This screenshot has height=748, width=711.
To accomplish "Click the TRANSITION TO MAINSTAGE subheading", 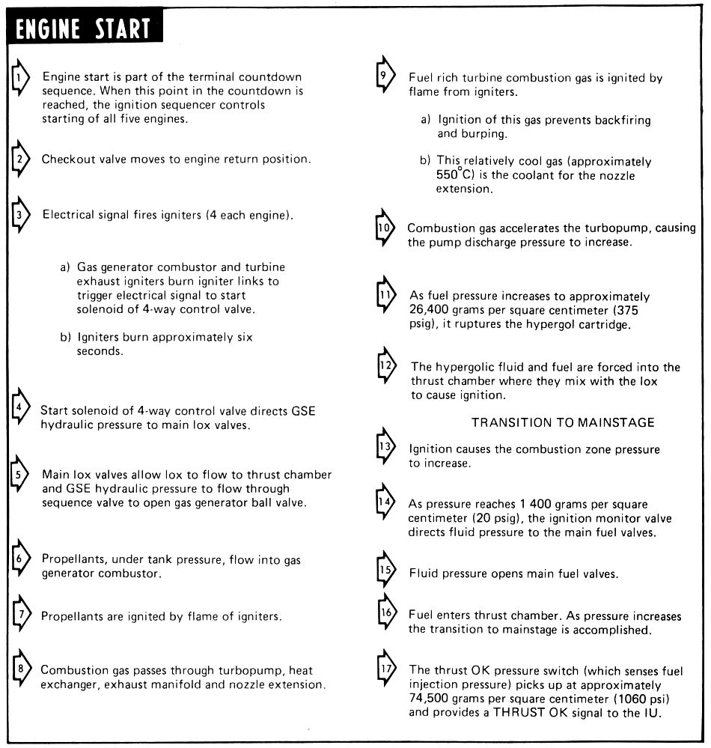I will coord(563,422).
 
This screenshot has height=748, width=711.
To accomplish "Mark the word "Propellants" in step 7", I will coord(73,617).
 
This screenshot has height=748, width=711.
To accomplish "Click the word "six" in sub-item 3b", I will coord(245,337).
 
